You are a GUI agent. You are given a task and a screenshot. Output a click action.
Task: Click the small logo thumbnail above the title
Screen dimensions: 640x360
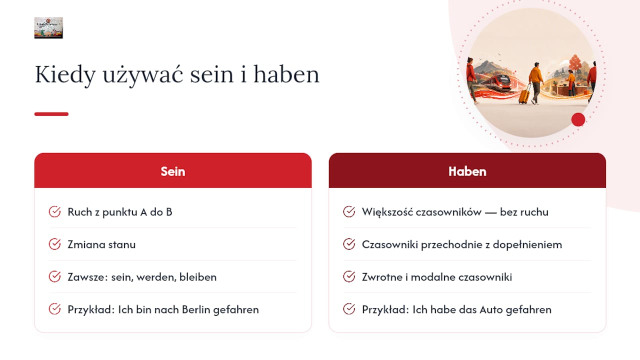pyautogui.click(x=48, y=27)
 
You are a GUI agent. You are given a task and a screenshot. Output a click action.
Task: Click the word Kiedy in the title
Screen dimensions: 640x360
pyautogui.click(x=65, y=75)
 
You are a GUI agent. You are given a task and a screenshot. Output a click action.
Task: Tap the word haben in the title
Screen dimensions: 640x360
pyautogui.click(x=286, y=74)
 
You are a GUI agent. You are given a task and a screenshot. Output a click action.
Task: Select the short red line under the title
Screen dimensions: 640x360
pyautogui.click(x=51, y=114)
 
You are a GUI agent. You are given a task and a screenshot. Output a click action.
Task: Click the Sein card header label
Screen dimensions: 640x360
pyautogui.click(x=173, y=171)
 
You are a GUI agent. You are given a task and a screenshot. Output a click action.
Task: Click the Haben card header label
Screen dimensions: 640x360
pyautogui.click(x=467, y=171)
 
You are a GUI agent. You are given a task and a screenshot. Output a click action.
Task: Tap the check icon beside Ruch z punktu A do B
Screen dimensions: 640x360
pyautogui.click(x=54, y=211)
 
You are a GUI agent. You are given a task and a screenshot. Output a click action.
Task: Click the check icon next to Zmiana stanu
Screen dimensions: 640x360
pyautogui.click(x=54, y=244)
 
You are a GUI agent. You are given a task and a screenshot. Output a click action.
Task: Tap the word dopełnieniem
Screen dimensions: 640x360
pyautogui.click(x=527, y=245)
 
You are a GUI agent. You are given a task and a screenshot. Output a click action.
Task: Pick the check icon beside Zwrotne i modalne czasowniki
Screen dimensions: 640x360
pyautogui.click(x=349, y=276)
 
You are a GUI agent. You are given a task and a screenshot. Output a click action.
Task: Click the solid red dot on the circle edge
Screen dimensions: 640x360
pyautogui.click(x=578, y=119)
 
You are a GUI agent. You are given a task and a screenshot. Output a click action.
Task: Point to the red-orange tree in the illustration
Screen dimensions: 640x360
pyautogui.click(x=575, y=63)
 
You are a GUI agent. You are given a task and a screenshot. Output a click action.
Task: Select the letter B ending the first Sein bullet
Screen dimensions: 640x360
pyautogui.click(x=169, y=212)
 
